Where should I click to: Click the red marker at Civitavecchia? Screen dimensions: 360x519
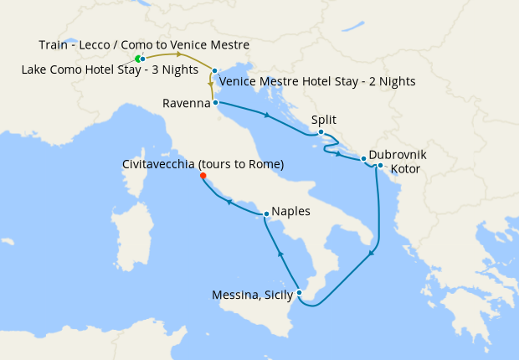point(203,176)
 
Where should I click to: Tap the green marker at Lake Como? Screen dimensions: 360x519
point(137,59)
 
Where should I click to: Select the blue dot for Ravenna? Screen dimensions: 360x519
point(216,103)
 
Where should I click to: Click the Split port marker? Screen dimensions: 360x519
point(321,132)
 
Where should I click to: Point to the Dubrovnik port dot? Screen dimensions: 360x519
point(363,157)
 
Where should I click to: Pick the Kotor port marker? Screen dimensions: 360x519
point(380,165)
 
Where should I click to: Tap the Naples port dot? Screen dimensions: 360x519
point(266,213)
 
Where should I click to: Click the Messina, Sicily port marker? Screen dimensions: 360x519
point(298,291)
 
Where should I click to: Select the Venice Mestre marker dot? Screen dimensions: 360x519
point(215,71)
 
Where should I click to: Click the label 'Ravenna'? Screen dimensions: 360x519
point(187,104)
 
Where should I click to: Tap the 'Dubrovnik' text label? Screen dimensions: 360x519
point(398,156)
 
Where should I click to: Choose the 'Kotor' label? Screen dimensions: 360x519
point(405,169)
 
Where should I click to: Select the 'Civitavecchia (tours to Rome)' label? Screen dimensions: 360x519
point(203,164)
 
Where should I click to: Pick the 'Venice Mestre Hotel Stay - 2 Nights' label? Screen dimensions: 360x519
point(316,82)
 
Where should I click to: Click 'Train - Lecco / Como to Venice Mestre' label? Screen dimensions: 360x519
point(144,44)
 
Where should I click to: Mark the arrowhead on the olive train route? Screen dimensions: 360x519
point(178,54)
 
